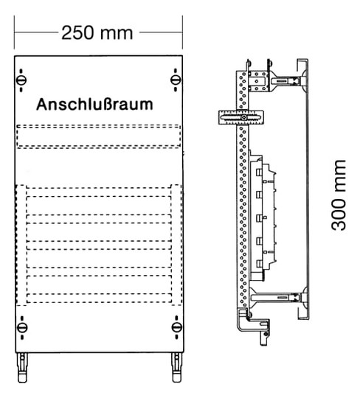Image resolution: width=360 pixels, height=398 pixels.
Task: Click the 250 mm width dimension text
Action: point(97,32)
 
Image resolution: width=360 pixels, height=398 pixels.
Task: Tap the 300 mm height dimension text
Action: point(339,195)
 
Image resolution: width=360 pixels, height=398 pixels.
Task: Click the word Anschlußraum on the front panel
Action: point(94,105)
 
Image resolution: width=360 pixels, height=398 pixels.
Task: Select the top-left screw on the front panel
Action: point(21,80)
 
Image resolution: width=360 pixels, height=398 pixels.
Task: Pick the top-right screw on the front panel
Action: point(176,80)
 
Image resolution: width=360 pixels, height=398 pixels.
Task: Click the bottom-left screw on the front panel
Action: point(22,327)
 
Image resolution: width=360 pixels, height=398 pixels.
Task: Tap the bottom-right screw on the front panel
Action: point(176,327)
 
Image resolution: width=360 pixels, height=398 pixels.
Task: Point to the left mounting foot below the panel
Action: point(22,367)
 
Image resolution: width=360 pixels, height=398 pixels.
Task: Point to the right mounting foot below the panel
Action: point(176,367)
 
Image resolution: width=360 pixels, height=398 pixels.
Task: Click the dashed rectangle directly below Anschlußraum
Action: point(99,136)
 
